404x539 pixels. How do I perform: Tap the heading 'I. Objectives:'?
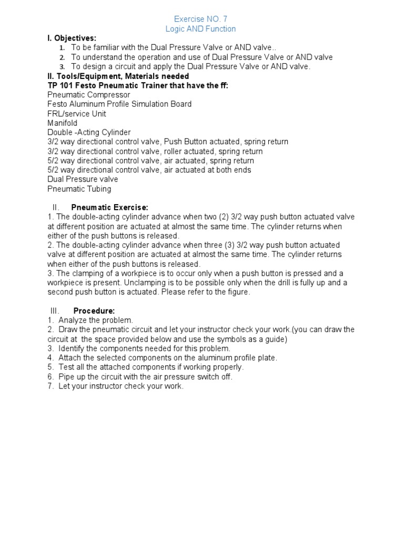[72, 38]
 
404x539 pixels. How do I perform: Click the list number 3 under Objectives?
[62, 67]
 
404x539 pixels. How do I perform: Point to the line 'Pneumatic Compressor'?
[88, 95]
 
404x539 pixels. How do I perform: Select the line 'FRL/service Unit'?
[76, 114]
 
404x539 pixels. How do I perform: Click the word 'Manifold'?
[62, 123]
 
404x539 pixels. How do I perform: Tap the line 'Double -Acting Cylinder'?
[89, 133]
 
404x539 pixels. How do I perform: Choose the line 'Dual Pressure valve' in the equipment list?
[82, 179]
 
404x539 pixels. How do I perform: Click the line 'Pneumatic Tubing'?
[79, 189]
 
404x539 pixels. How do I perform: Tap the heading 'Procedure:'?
[94, 311]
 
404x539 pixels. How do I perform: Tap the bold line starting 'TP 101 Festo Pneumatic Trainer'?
[138, 85]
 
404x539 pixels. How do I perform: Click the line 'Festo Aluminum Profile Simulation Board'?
[119, 104]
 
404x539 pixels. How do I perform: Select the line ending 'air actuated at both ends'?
[149, 170]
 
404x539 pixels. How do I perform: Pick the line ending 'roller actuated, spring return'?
[155, 152]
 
